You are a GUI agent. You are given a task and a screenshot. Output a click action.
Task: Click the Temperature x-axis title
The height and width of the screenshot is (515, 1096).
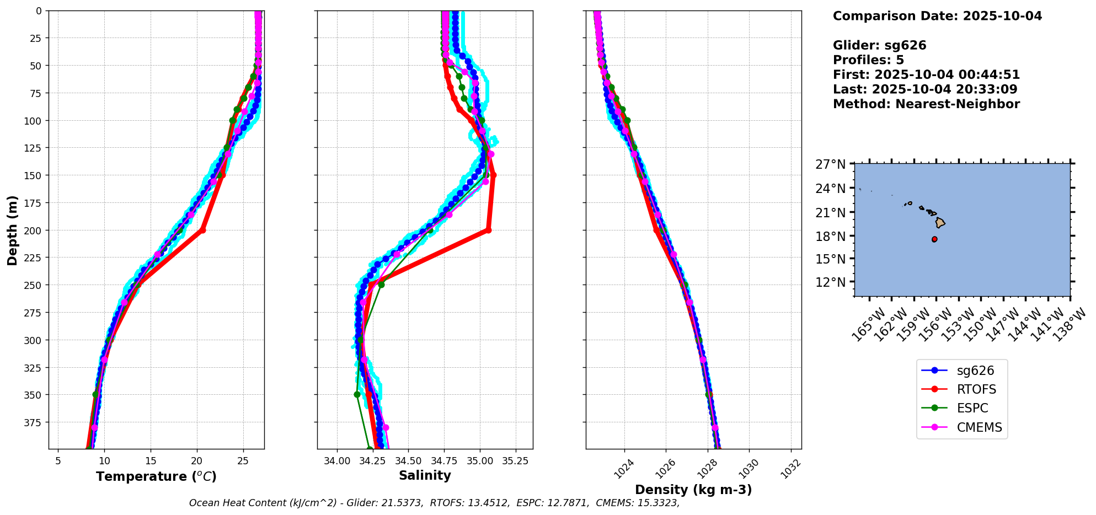pyautogui.click(x=156, y=476)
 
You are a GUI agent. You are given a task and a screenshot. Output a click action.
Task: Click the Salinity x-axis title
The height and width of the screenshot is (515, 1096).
pyautogui.click(x=425, y=475)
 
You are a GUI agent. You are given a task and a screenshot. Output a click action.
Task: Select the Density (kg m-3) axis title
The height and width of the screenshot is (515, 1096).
pyautogui.click(x=693, y=490)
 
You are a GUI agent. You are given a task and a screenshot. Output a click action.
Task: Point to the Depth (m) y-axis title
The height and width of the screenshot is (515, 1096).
pyautogui.click(x=12, y=230)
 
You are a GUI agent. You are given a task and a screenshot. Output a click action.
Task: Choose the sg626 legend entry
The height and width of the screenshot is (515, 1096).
pyautogui.click(x=975, y=371)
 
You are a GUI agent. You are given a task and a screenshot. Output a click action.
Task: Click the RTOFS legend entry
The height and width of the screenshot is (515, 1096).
pyautogui.click(x=976, y=389)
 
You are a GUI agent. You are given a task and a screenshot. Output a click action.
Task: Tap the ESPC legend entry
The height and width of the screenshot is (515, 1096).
pyautogui.click(x=972, y=408)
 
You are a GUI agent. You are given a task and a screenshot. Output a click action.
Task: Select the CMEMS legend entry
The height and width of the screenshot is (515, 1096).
pyautogui.click(x=979, y=427)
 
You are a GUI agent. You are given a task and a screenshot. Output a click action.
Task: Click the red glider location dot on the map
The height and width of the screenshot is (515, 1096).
pyautogui.click(x=934, y=239)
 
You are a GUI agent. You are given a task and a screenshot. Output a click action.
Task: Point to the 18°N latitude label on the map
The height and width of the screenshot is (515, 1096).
pyautogui.click(x=830, y=236)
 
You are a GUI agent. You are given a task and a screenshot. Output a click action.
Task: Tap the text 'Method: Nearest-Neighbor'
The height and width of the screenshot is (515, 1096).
pyautogui.click(x=926, y=104)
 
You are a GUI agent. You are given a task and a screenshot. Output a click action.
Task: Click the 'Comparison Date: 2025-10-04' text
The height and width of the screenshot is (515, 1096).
pyautogui.click(x=937, y=16)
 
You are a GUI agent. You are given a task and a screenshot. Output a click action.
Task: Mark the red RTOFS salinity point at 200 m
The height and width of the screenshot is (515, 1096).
pyautogui.click(x=488, y=230)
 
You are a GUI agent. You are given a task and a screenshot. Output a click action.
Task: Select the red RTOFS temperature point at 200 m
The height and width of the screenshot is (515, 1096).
pyautogui.click(x=202, y=230)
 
